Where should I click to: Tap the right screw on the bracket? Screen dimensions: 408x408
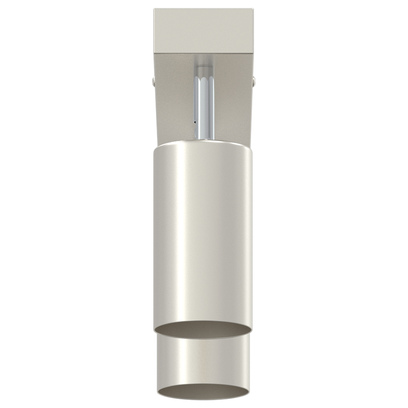pos(254,81)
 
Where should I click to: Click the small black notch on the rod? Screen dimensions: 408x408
pos(195,122)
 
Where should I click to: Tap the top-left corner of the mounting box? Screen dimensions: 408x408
pos(154,9)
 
